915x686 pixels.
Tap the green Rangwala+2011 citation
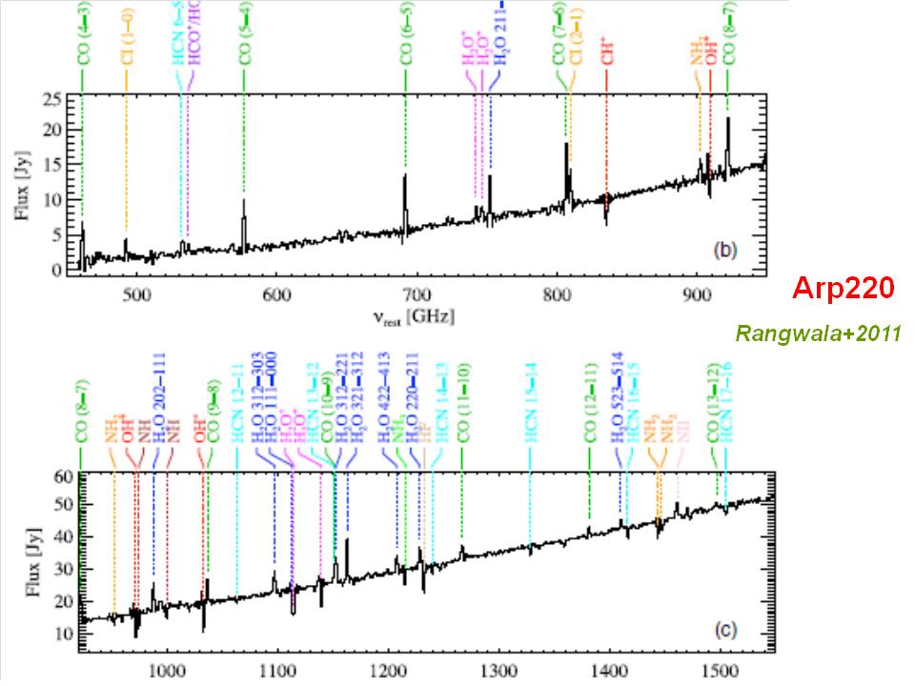pos(818,333)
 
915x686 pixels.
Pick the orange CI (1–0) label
pos(126,42)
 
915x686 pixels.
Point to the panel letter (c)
pos(724,628)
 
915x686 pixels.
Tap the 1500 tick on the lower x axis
pos(718,668)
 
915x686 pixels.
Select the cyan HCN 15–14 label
pos(531,401)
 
